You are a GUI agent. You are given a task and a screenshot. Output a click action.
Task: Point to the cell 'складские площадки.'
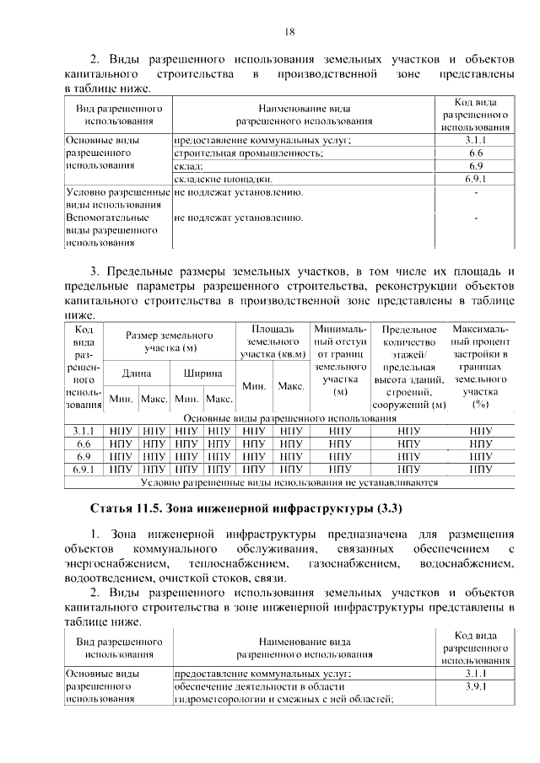[224, 180]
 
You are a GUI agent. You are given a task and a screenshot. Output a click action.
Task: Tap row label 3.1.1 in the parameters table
[83, 430]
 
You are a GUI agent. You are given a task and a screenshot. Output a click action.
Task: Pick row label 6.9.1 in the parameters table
[83, 470]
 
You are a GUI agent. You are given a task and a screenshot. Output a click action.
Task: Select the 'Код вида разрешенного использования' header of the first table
[476, 115]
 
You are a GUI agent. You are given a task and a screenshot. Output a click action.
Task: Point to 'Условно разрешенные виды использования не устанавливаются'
[289, 483]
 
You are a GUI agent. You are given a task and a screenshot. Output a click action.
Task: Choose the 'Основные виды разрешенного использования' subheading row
[289, 417]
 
